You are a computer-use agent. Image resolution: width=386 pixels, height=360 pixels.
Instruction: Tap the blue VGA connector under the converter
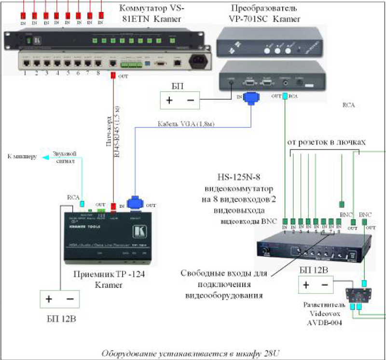click(x=251, y=98)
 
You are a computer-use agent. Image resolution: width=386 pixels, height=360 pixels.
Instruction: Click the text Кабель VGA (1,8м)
click(x=186, y=124)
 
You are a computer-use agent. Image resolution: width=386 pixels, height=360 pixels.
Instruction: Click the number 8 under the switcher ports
click(x=98, y=73)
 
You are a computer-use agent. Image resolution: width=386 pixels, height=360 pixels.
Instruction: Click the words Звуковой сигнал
click(x=66, y=159)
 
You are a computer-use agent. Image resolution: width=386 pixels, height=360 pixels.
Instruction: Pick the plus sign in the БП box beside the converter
click(x=169, y=100)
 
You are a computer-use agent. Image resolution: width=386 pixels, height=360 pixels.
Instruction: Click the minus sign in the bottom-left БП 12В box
click(x=69, y=299)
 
